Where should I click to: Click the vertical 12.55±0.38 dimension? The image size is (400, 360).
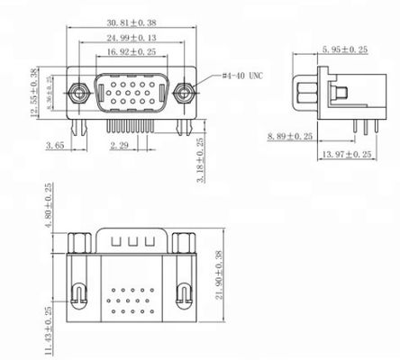36,92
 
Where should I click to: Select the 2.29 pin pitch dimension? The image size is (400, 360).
121,144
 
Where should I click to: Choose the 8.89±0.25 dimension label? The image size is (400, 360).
290,137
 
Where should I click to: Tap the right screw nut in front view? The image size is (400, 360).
186,93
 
